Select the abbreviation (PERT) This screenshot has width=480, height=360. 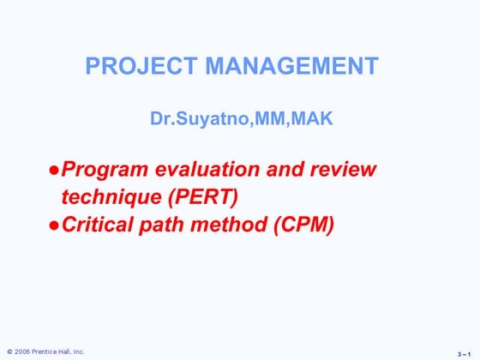(205, 196)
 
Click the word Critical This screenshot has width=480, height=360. (95, 225)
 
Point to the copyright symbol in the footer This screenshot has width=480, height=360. (9, 351)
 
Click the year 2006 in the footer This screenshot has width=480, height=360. (23, 351)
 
